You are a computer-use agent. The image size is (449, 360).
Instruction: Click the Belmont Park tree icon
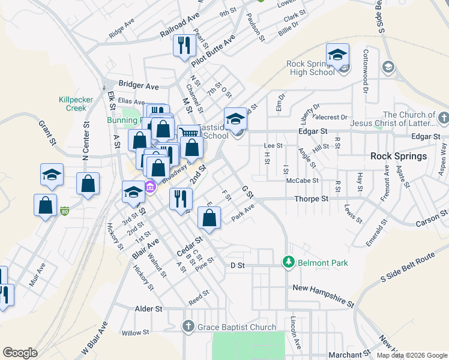[289, 263]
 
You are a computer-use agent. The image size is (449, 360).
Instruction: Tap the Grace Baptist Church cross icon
[188, 327]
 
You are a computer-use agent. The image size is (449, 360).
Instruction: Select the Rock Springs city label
[399, 156]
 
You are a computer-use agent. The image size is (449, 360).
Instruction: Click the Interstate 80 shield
[64, 211]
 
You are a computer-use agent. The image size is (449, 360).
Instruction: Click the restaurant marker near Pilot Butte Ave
[182, 46]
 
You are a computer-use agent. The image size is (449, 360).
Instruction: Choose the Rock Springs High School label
[310, 68]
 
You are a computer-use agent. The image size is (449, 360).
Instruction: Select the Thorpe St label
[312, 199]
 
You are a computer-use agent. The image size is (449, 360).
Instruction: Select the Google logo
[20, 353]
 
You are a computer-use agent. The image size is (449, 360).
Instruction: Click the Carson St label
[435, 218]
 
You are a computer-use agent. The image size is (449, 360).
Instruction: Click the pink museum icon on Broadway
[150, 188]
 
